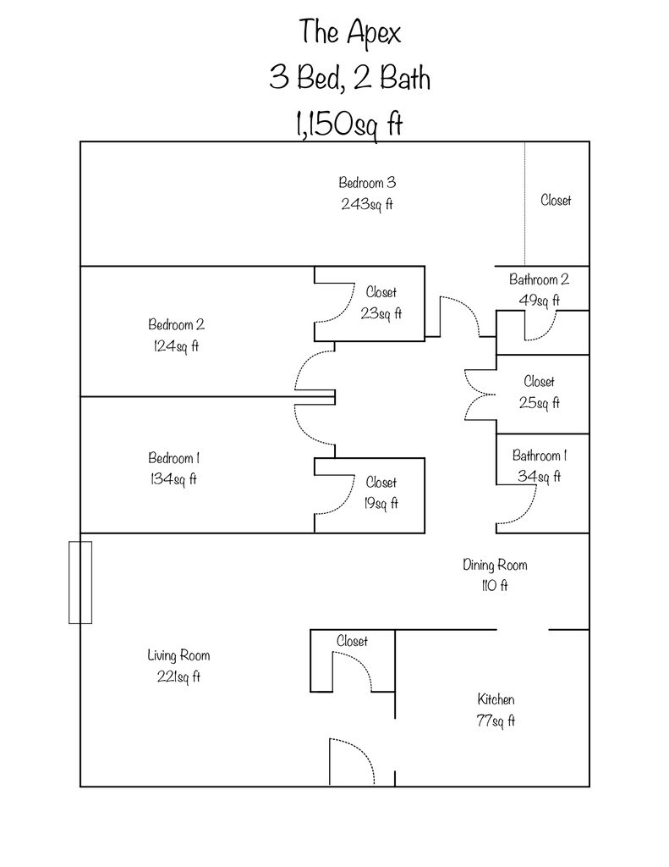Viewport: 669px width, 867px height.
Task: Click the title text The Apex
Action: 349,32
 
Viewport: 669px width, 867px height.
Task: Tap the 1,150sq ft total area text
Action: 348,125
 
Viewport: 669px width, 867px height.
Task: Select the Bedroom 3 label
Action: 367,182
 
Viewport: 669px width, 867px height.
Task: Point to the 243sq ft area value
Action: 367,204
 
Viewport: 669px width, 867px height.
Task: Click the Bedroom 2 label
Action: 177,324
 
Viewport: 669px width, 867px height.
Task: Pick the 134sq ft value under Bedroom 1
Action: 173,479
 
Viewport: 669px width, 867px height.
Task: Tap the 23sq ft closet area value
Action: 381,313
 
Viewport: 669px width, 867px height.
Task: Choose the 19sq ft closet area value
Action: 381,504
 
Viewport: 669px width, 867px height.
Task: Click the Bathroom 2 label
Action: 539,279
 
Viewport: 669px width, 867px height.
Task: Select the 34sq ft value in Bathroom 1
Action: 539,477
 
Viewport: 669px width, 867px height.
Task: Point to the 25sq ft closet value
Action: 539,403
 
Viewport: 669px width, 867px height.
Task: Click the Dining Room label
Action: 495,565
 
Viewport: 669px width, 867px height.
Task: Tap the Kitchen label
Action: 496,700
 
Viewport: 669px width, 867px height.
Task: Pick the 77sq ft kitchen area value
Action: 496,721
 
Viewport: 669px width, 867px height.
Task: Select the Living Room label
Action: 178,655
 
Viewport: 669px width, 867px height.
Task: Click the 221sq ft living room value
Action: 178,676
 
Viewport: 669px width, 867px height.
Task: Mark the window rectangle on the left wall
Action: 80,583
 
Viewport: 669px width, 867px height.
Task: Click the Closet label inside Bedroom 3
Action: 556,201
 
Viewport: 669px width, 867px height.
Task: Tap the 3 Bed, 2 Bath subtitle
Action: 349,79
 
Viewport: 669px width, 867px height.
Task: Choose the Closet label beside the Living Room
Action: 352,642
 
